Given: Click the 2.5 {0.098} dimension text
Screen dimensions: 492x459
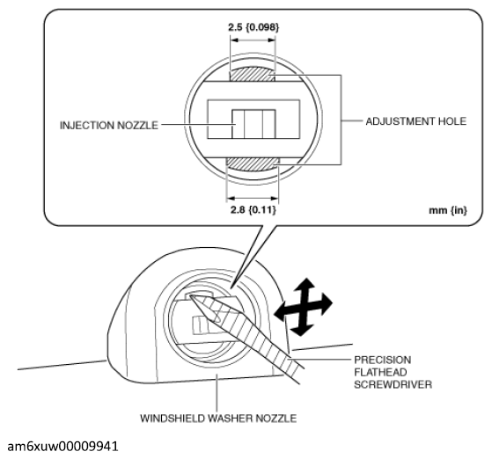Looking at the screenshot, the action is click(253, 27).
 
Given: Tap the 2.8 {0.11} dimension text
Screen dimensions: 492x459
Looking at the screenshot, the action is click(253, 209).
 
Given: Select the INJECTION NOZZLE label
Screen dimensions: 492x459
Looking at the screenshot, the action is click(109, 126).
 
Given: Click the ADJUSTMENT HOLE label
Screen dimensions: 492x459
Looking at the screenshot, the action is click(416, 121).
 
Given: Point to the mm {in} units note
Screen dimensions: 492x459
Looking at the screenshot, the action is click(448, 210).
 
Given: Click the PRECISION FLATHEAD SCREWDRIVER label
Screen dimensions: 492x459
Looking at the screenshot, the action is click(393, 372).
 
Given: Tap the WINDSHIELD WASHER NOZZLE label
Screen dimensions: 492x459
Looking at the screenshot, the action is click(218, 419).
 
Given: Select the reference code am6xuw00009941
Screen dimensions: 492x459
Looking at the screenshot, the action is click(62, 447).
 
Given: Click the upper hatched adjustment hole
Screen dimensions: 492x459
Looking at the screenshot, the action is click(252, 75).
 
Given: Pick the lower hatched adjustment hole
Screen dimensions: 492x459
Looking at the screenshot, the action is click(253, 164).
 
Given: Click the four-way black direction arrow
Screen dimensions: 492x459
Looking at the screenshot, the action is click(303, 307).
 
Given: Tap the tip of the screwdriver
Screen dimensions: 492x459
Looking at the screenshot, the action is click(190, 295).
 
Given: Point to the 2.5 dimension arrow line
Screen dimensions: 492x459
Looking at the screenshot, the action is click(253, 40).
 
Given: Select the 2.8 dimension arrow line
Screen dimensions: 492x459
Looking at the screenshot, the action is click(253, 198).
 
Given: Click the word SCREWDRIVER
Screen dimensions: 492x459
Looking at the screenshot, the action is click(393, 384).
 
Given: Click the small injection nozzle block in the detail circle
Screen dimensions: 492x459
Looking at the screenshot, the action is click(253, 124).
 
